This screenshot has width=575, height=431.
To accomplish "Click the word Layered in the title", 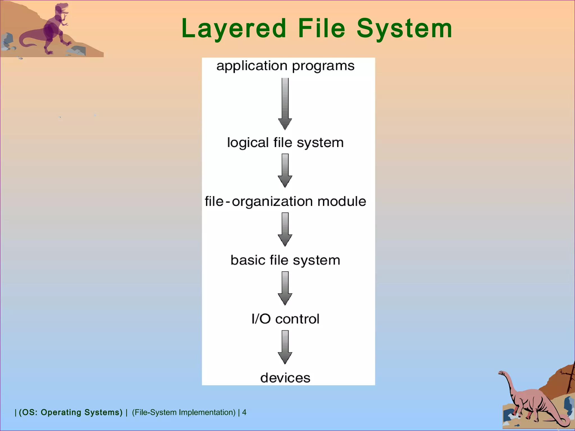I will [x=234, y=29].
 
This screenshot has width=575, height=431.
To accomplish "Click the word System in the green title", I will [x=404, y=29].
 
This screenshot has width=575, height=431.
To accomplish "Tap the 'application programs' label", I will [x=285, y=66].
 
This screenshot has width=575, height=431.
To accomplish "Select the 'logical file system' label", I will [x=285, y=143].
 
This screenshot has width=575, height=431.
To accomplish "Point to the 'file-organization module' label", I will [x=285, y=201].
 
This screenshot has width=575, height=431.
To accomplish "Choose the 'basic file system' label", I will [x=285, y=260].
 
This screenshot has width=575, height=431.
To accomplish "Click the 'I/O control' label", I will [x=285, y=319].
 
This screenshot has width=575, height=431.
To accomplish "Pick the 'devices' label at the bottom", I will [x=285, y=378].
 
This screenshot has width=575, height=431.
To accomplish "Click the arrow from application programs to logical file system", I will [x=285, y=104].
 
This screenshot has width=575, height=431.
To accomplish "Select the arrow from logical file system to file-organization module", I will [x=285, y=170].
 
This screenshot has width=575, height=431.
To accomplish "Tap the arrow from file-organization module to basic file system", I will [x=285, y=229].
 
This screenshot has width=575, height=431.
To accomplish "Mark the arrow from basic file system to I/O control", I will [x=285, y=288].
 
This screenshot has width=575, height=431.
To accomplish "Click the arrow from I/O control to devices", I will [x=285, y=347].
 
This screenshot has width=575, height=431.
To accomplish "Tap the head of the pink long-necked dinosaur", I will [x=501, y=373].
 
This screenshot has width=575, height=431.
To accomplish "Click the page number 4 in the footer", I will [x=244, y=412].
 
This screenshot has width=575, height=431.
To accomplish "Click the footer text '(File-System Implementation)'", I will [x=184, y=412].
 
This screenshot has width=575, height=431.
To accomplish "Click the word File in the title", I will [x=321, y=29].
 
